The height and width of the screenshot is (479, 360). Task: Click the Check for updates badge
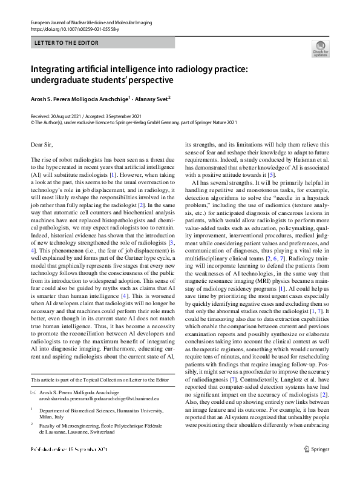(320, 48)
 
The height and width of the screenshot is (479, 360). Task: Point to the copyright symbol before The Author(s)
(33, 122)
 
